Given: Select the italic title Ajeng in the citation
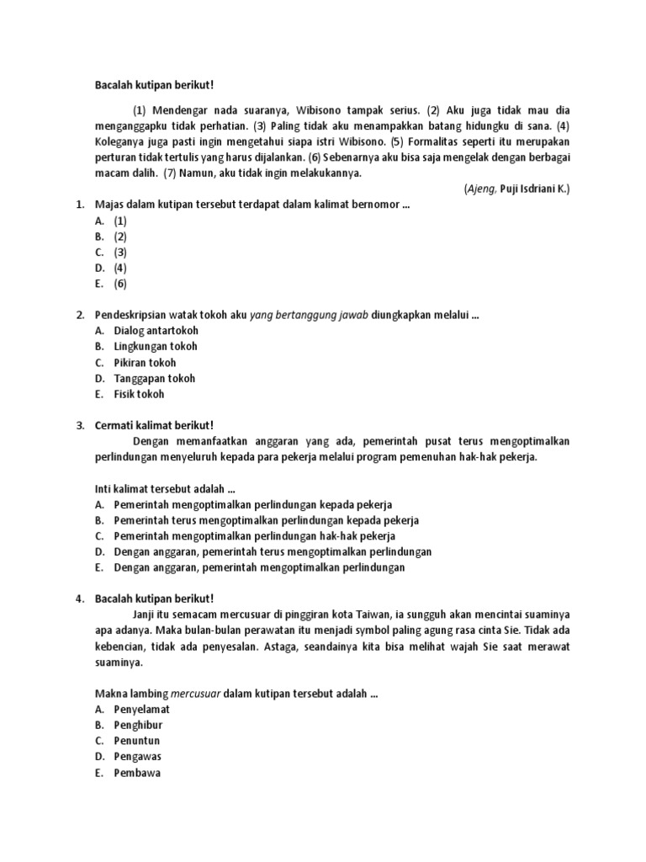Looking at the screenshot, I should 480,189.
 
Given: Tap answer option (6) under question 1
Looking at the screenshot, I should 120,283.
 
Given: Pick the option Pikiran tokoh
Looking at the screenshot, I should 145,363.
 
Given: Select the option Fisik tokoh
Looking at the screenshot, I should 139,394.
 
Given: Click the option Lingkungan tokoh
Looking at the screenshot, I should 156,347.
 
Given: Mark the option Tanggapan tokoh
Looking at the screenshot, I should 154,378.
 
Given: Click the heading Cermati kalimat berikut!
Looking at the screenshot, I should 156,426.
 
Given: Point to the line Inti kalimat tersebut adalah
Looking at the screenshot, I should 165,489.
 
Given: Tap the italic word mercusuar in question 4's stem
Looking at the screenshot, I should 194,694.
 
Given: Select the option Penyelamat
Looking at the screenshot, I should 141,710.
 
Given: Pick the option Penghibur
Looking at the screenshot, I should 140,725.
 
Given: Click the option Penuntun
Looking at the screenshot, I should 137,741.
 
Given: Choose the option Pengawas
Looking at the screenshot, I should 138,757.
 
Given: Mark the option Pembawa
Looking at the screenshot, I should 137,773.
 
